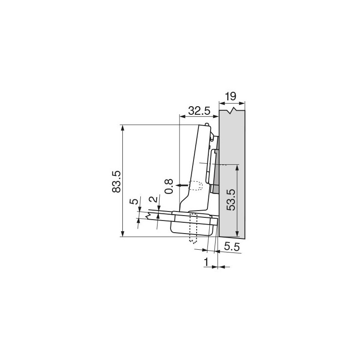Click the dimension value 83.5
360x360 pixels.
pyautogui.click(x=117, y=181)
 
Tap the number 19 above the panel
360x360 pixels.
pyautogui.click(x=230, y=96)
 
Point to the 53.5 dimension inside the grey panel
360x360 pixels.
pyautogui.click(x=230, y=199)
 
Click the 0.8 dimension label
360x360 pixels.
pyautogui.click(x=169, y=186)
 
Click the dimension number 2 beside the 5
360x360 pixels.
pyautogui.click(x=153, y=199)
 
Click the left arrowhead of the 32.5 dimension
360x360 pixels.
pyautogui.click(x=182, y=117)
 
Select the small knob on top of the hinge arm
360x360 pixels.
pyautogui.click(x=207, y=124)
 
